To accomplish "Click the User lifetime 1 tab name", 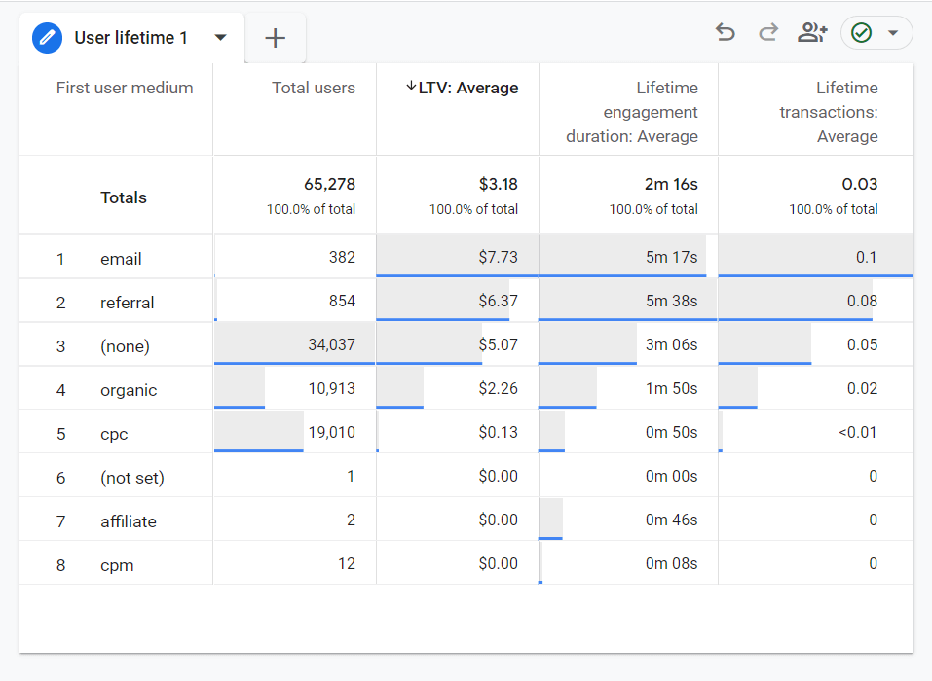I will (130, 38).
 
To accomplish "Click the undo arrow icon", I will (725, 33).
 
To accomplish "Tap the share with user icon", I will (811, 33).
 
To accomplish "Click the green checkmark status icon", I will (861, 33).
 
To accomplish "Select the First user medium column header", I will (125, 88).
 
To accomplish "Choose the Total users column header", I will (314, 88).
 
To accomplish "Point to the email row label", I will (121, 259).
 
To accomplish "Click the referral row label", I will (127, 303).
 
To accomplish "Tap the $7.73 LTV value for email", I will (498, 258).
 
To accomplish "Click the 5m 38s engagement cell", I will (671, 302).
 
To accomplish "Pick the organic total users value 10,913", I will (331, 389).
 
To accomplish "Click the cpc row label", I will (114, 434).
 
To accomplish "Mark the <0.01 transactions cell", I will (857, 432).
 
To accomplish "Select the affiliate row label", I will (128, 521).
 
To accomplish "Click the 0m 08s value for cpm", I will (671, 564).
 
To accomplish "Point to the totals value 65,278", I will (329, 185).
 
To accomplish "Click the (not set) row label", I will (131, 478).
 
